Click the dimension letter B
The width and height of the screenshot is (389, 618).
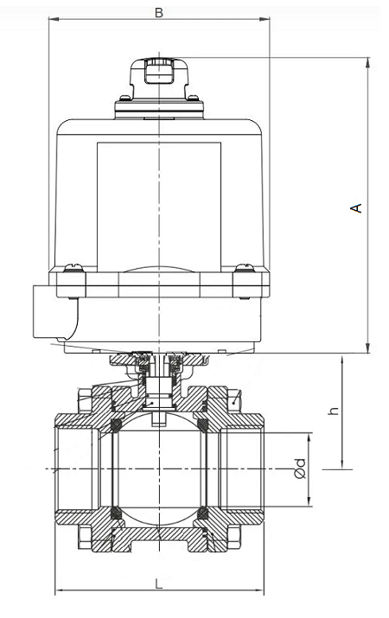pos(158,12)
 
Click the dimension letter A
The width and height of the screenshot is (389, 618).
pos(354,207)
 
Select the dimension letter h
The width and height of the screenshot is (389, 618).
pos(333,411)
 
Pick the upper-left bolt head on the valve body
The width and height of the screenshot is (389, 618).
pos(85,400)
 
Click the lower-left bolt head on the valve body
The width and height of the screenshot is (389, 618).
pos(85,536)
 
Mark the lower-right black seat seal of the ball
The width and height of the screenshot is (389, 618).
pos(204,513)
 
